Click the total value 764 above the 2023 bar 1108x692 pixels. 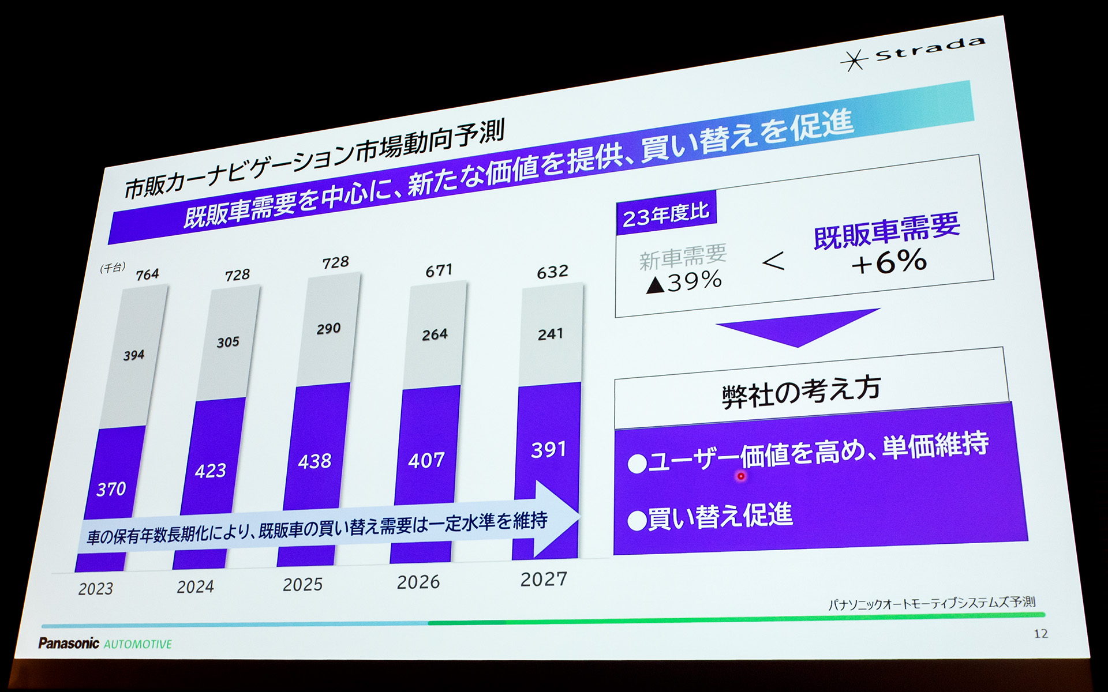148,274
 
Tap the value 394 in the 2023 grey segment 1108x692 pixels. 134,355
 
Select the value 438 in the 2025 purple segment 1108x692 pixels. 315,461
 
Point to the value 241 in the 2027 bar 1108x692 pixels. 551,334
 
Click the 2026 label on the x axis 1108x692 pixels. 418,582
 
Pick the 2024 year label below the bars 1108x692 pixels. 196,587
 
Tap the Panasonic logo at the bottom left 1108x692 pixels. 69,643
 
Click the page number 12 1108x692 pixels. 1041,634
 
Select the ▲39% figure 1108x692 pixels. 684,281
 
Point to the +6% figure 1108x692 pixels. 889,263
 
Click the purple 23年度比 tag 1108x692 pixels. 666,214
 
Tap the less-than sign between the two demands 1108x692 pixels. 773,261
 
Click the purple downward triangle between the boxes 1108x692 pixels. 798,328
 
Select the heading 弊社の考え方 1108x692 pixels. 802,392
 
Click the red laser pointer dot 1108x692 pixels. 741,476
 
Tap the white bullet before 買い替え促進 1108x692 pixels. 637,521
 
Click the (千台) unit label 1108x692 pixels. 113,268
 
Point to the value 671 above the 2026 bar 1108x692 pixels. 439,270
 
